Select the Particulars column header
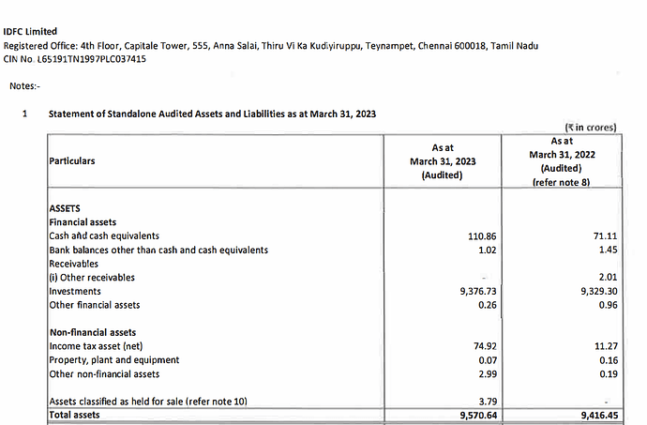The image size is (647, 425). (71, 160)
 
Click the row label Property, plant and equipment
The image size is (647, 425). (113, 360)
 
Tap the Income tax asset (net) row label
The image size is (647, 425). (98, 346)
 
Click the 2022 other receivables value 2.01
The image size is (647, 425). (610, 278)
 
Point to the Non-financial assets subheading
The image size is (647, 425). (92, 332)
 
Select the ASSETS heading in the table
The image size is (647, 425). (65, 208)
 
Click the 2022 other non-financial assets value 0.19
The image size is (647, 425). (610, 374)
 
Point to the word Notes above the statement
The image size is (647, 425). (24, 86)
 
